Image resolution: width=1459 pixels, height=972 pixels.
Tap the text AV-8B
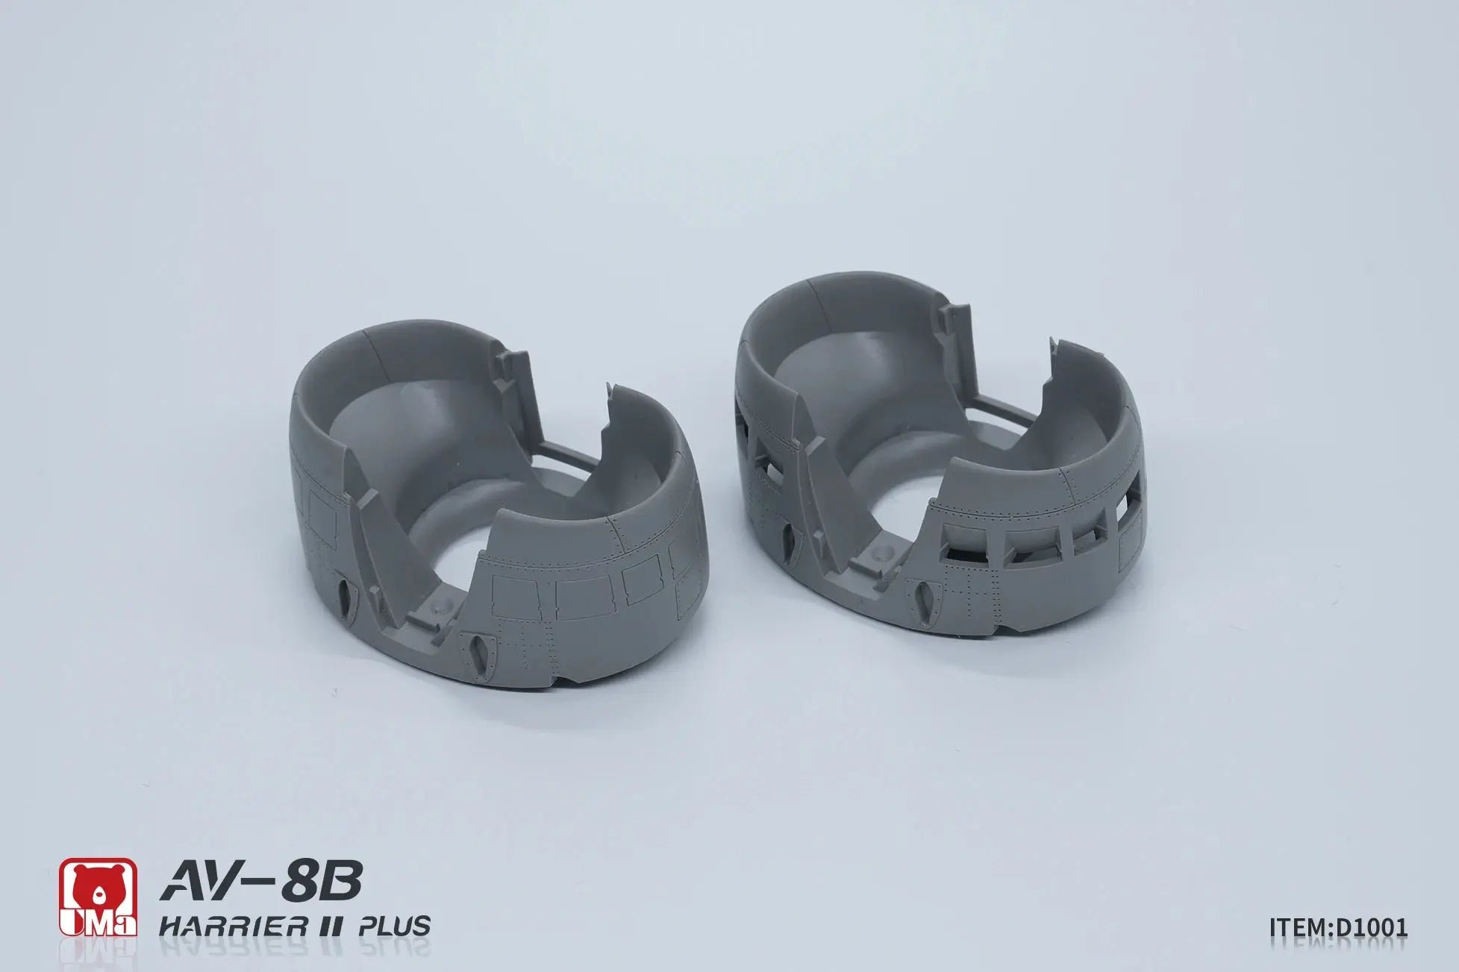(261, 882)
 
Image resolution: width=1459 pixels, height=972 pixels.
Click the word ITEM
(1297, 926)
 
